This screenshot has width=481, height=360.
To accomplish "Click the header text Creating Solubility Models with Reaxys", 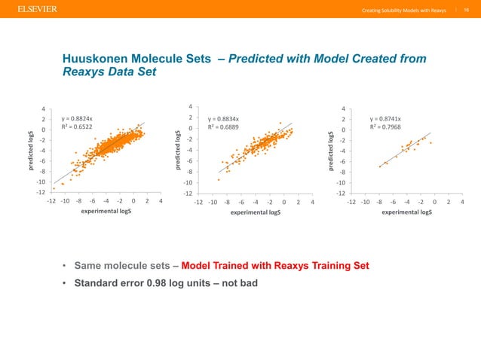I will tap(404, 10).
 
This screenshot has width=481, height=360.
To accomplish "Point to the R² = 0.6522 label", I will tap(78, 129).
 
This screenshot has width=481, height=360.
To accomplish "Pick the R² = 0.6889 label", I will tap(225, 129).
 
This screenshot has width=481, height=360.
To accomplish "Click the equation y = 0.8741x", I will tap(385, 118).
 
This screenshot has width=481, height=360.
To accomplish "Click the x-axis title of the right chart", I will tap(407, 212).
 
